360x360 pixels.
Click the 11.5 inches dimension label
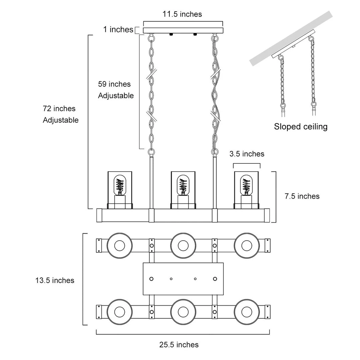[x=182, y=14]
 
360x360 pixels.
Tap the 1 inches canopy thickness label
[x=118, y=29]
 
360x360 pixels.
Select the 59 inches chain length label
[x=114, y=84]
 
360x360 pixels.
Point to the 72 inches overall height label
[x=59, y=109]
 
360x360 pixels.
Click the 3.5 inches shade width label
[x=247, y=154]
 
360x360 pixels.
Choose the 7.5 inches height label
[x=302, y=196]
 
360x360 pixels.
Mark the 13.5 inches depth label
[x=55, y=280]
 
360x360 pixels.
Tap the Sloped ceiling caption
[x=301, y=127]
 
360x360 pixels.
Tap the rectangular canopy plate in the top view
[x=183, y=279]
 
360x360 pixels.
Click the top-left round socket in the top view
[x=119, y=246]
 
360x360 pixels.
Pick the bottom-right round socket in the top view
[x=247, y=312]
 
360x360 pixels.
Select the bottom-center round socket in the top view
[x=183, y=312]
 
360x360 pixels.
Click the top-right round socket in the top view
[x=247, y=246]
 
